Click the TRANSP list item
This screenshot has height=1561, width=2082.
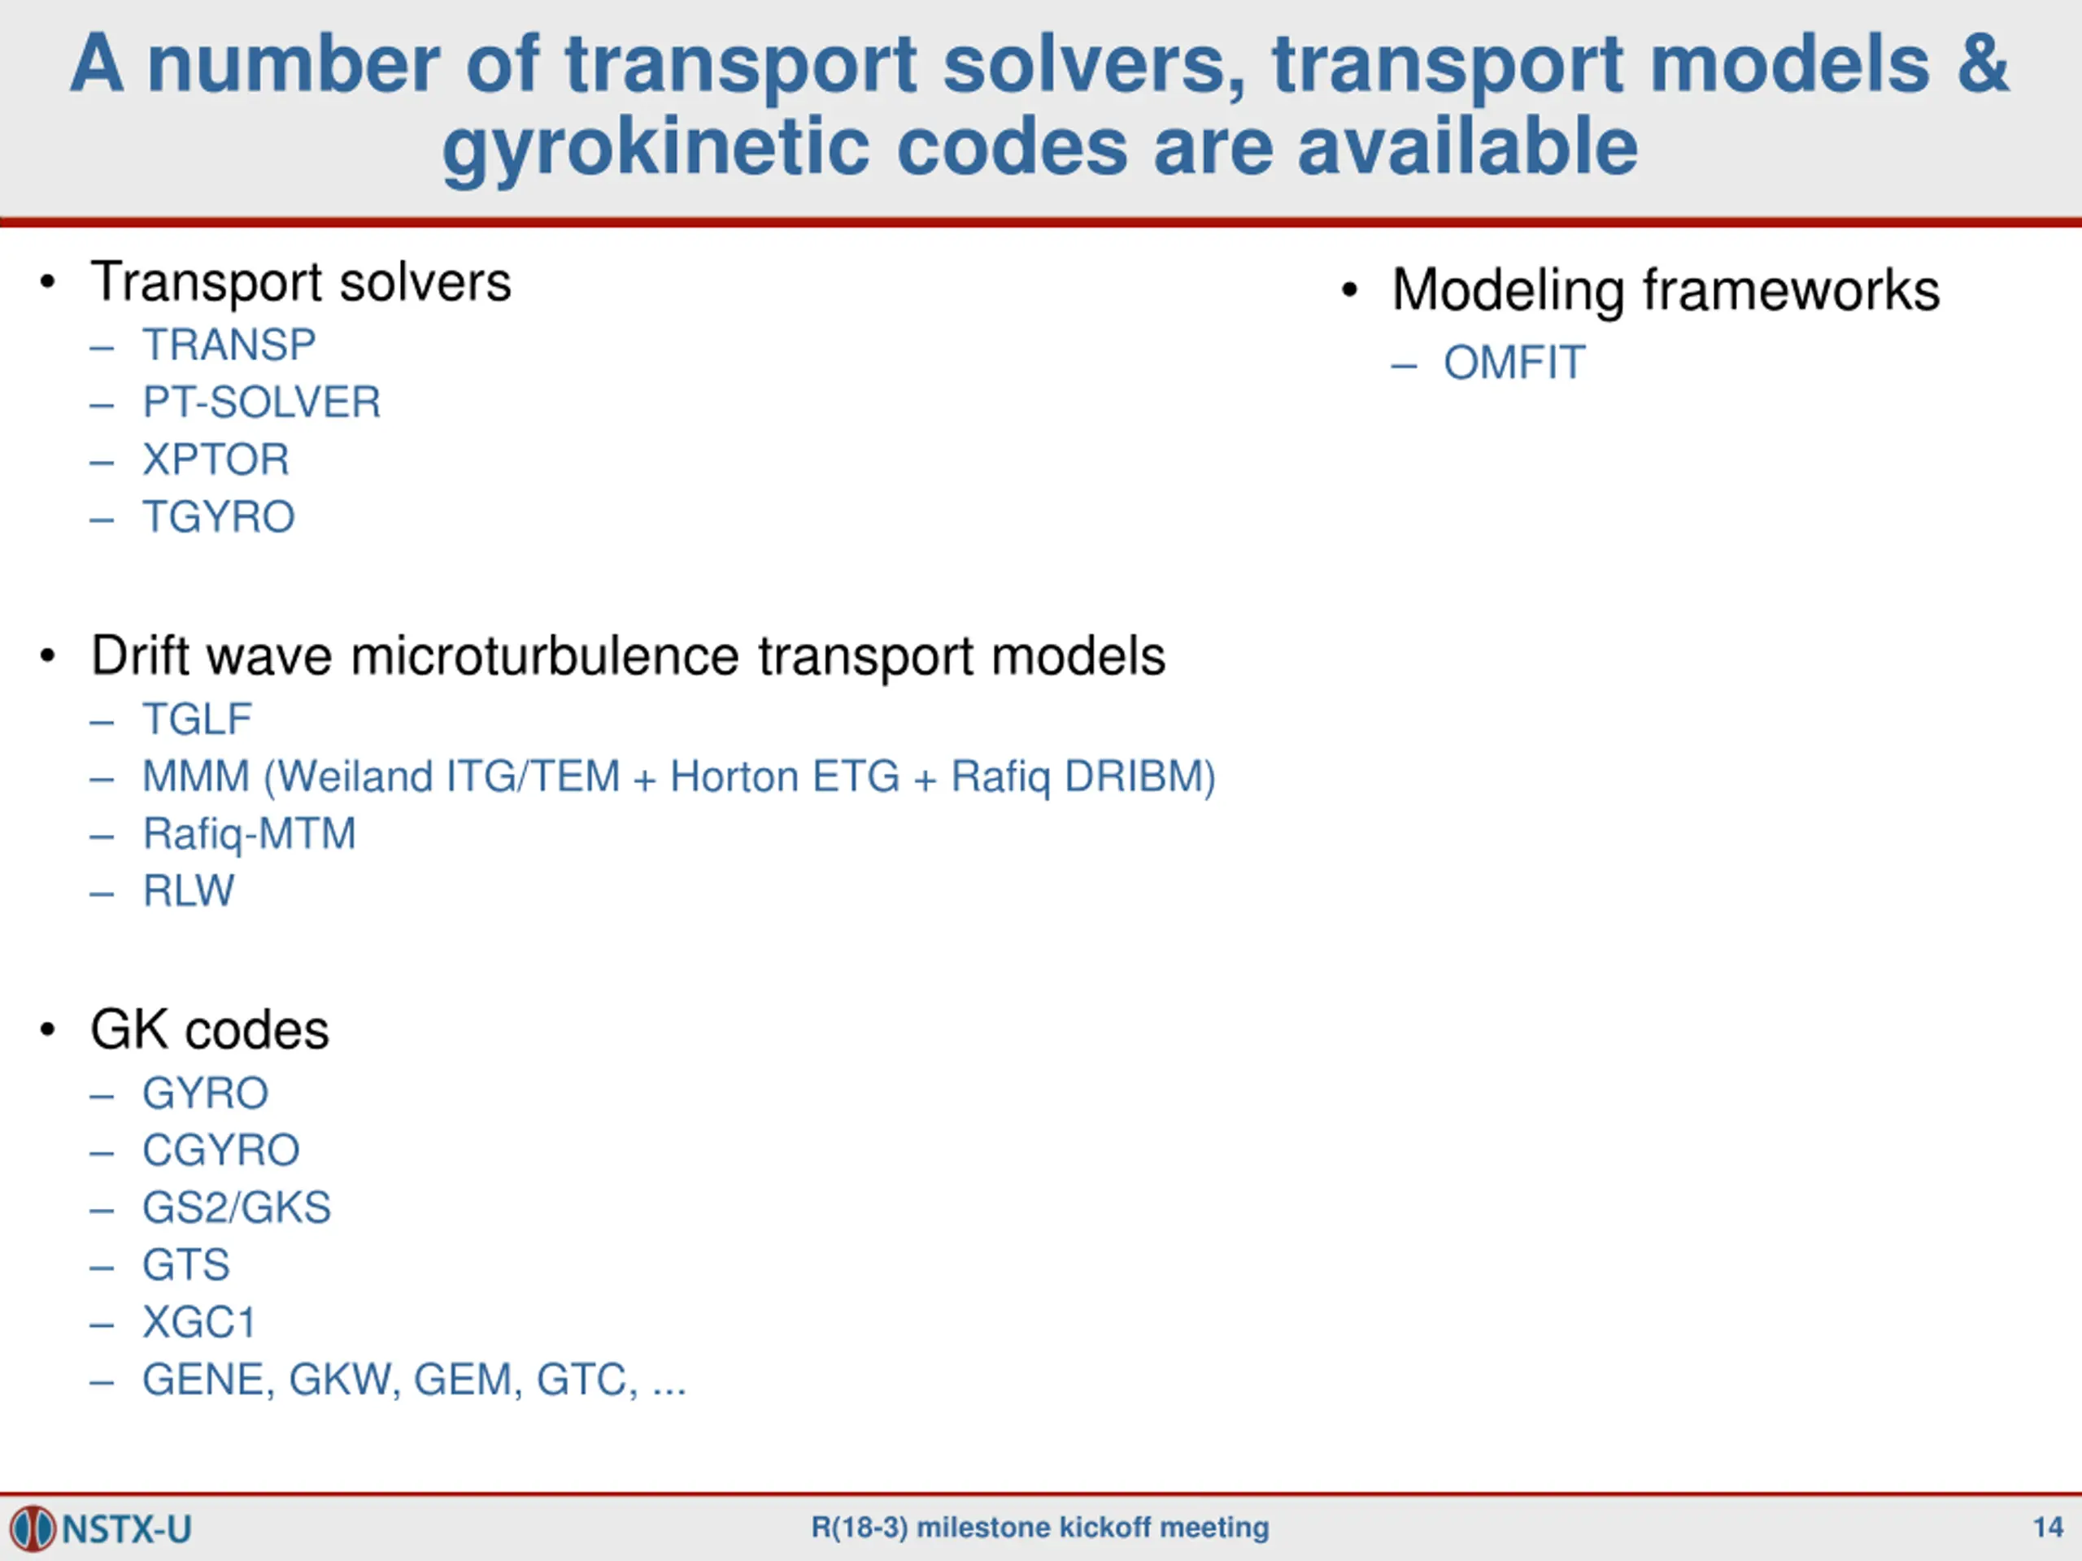tap(229, 346)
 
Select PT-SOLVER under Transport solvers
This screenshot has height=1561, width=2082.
tap(262, 402)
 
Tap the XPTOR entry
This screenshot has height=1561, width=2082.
tap(216, 460)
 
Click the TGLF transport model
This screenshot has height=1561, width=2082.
tap(198, 720)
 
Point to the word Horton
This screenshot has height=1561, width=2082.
tap(734, 777)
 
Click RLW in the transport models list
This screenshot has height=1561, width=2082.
tap(188, 891)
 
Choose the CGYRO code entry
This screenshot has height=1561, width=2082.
tap(221, 1150)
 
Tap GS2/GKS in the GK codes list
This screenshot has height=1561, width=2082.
tap(236, 1208)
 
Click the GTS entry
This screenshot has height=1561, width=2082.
tap(185, 1266)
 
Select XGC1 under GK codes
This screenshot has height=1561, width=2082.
tap(198, 1323)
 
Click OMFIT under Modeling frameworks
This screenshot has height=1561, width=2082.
tap(1514, 363)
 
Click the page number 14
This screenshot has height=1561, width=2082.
tap(2047, 1526)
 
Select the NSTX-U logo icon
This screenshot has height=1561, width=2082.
tap(33, 1528)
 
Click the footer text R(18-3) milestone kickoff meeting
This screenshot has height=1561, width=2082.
tap(1040, 1527)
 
